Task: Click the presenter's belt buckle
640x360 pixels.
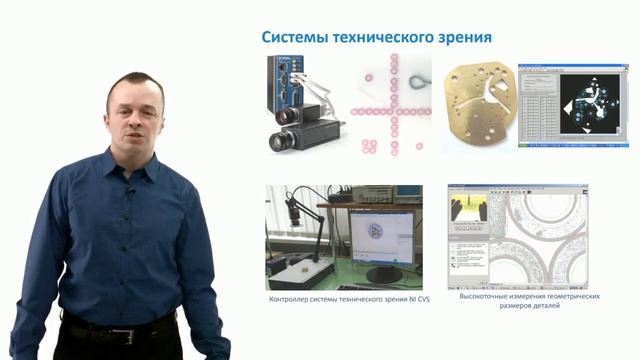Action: [122, 336]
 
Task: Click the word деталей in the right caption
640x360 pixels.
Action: [546, 308]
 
